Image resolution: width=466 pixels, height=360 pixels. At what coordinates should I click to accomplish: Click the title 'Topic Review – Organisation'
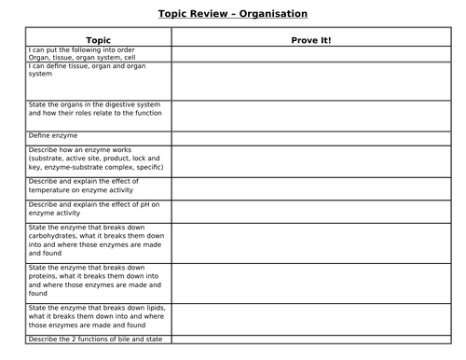pos(232,13)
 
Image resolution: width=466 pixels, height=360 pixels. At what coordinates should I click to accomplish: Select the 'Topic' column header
pos(98,40)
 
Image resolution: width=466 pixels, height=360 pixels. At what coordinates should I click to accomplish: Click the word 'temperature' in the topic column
pos(51,188)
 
